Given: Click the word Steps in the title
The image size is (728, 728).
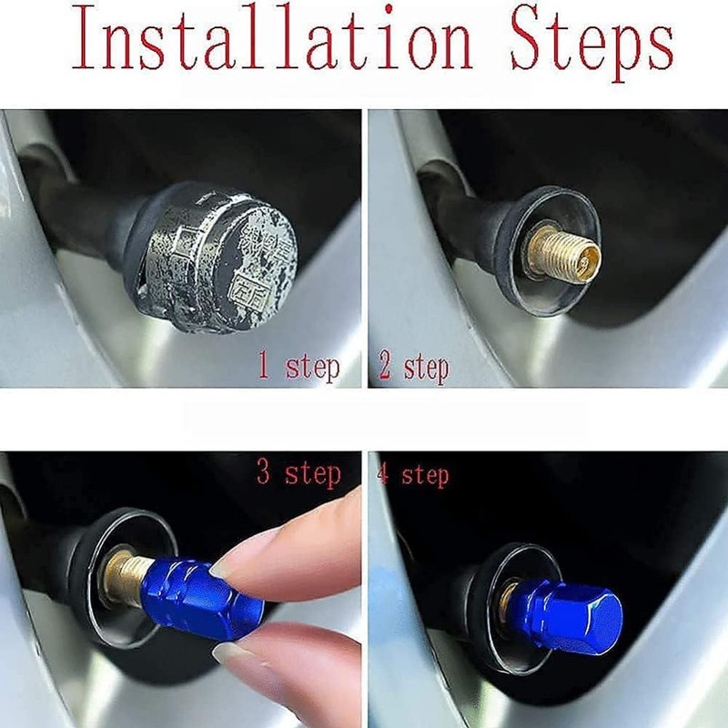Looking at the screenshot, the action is coord(592,43).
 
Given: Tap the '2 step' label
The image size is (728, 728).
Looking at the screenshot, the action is coord(414,367).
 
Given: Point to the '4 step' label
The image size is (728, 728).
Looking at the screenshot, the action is coord(413,474).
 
